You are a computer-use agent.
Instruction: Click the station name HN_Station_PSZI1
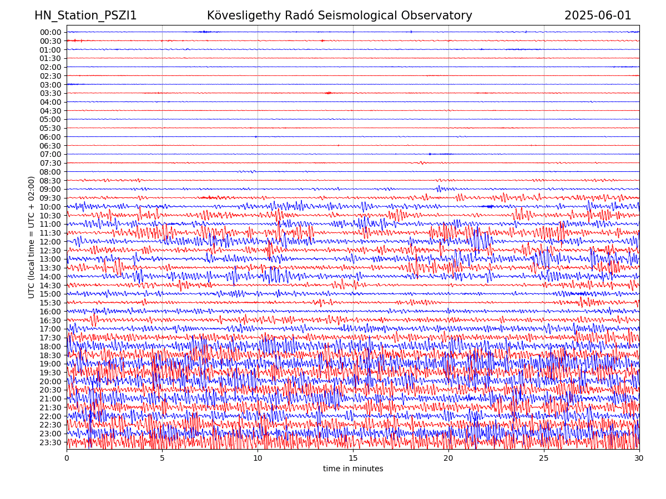click(85, 16)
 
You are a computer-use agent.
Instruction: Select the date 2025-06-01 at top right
click(598, 16)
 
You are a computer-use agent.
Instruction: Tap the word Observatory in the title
click(442, 16)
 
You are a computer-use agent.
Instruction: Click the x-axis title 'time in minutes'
click(353, 469)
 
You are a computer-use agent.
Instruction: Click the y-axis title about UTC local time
click(32, 237)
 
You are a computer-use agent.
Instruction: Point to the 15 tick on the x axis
click(353, 459)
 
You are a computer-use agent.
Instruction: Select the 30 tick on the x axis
click(639, 459)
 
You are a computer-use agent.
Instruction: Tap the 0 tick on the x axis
click(67, 459)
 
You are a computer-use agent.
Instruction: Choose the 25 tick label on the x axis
click(544, 459)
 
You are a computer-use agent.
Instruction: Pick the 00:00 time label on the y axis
click(50, 32)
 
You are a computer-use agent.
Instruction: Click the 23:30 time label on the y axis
click(50, 442)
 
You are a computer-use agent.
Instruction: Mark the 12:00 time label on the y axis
click(50, 242)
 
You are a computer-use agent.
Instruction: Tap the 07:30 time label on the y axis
click(50, 163)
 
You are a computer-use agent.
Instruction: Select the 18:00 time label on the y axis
click(50, 347)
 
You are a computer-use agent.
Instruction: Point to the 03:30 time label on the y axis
click(50, 93)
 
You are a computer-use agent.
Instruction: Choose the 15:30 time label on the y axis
click(50, 303)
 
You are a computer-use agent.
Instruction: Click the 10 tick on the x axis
click(258, 459)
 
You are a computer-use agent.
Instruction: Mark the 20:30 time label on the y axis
click(50, 390)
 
